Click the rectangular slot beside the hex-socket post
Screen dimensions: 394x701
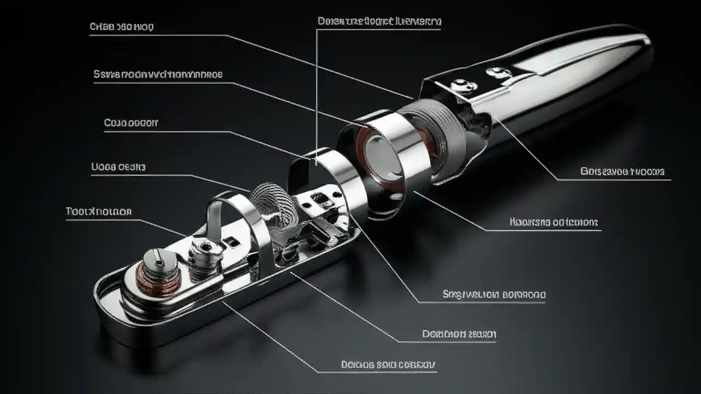coord(233,241)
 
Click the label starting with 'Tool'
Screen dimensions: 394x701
coord(99,211)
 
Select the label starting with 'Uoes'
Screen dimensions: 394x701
coord(118,167)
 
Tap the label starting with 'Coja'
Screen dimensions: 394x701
coord(131,123)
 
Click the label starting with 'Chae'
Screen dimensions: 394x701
coord(121,26)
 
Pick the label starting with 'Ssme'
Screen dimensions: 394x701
coord(158,74)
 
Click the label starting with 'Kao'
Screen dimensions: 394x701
coord(553,222)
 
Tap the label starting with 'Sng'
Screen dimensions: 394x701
coord(493,294)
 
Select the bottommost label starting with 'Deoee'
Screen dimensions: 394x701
coord(388,364)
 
